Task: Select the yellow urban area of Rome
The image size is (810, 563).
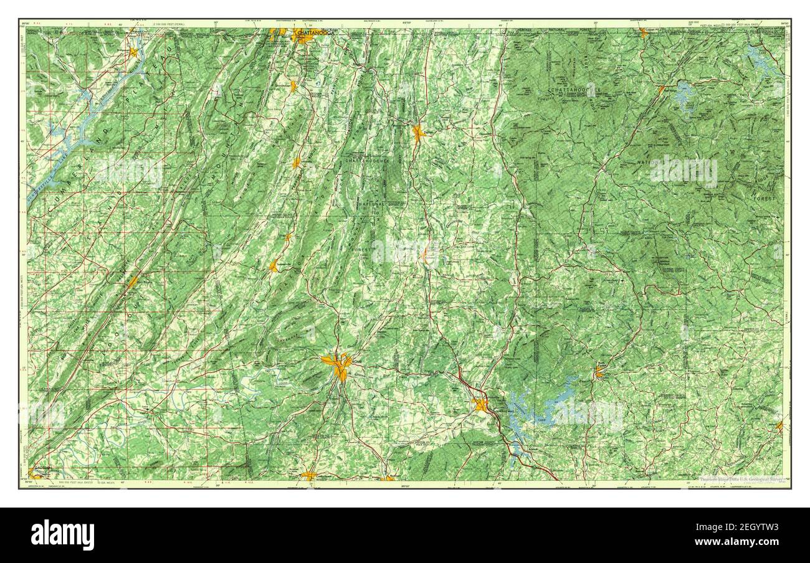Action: pyautogui.click(x=338, y=364)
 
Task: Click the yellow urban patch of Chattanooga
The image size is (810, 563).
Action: pyautogui.click(x=303, y=39)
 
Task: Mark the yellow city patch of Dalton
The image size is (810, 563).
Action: pyautogui.click(x=417, y=133)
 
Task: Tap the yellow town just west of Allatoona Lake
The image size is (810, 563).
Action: pyautogui.click(x=480, y=405)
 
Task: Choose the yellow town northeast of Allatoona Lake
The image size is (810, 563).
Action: pyautogui.click(x=599, y=372)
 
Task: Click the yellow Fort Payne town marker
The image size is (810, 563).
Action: pyautogui.click(x=133, y=282)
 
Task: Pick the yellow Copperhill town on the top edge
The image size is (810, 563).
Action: pyautogui.click(x=643, y=32)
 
